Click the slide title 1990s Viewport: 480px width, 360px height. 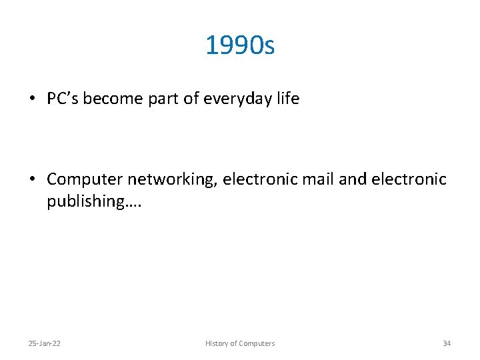(240, 46)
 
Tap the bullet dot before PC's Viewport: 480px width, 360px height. (31, 99)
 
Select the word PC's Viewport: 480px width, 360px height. (65, 99)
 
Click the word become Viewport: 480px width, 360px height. (115, 99)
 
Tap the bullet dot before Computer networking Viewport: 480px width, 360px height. (31, 179)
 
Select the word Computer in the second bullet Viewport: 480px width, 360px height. (85, 180)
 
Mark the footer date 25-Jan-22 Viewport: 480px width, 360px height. (44, 343)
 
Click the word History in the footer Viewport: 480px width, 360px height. (216, 343)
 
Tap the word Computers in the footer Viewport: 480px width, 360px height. (256, 343)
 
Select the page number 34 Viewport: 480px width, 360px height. (447, 343)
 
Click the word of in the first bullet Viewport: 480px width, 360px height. (191, 99)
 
